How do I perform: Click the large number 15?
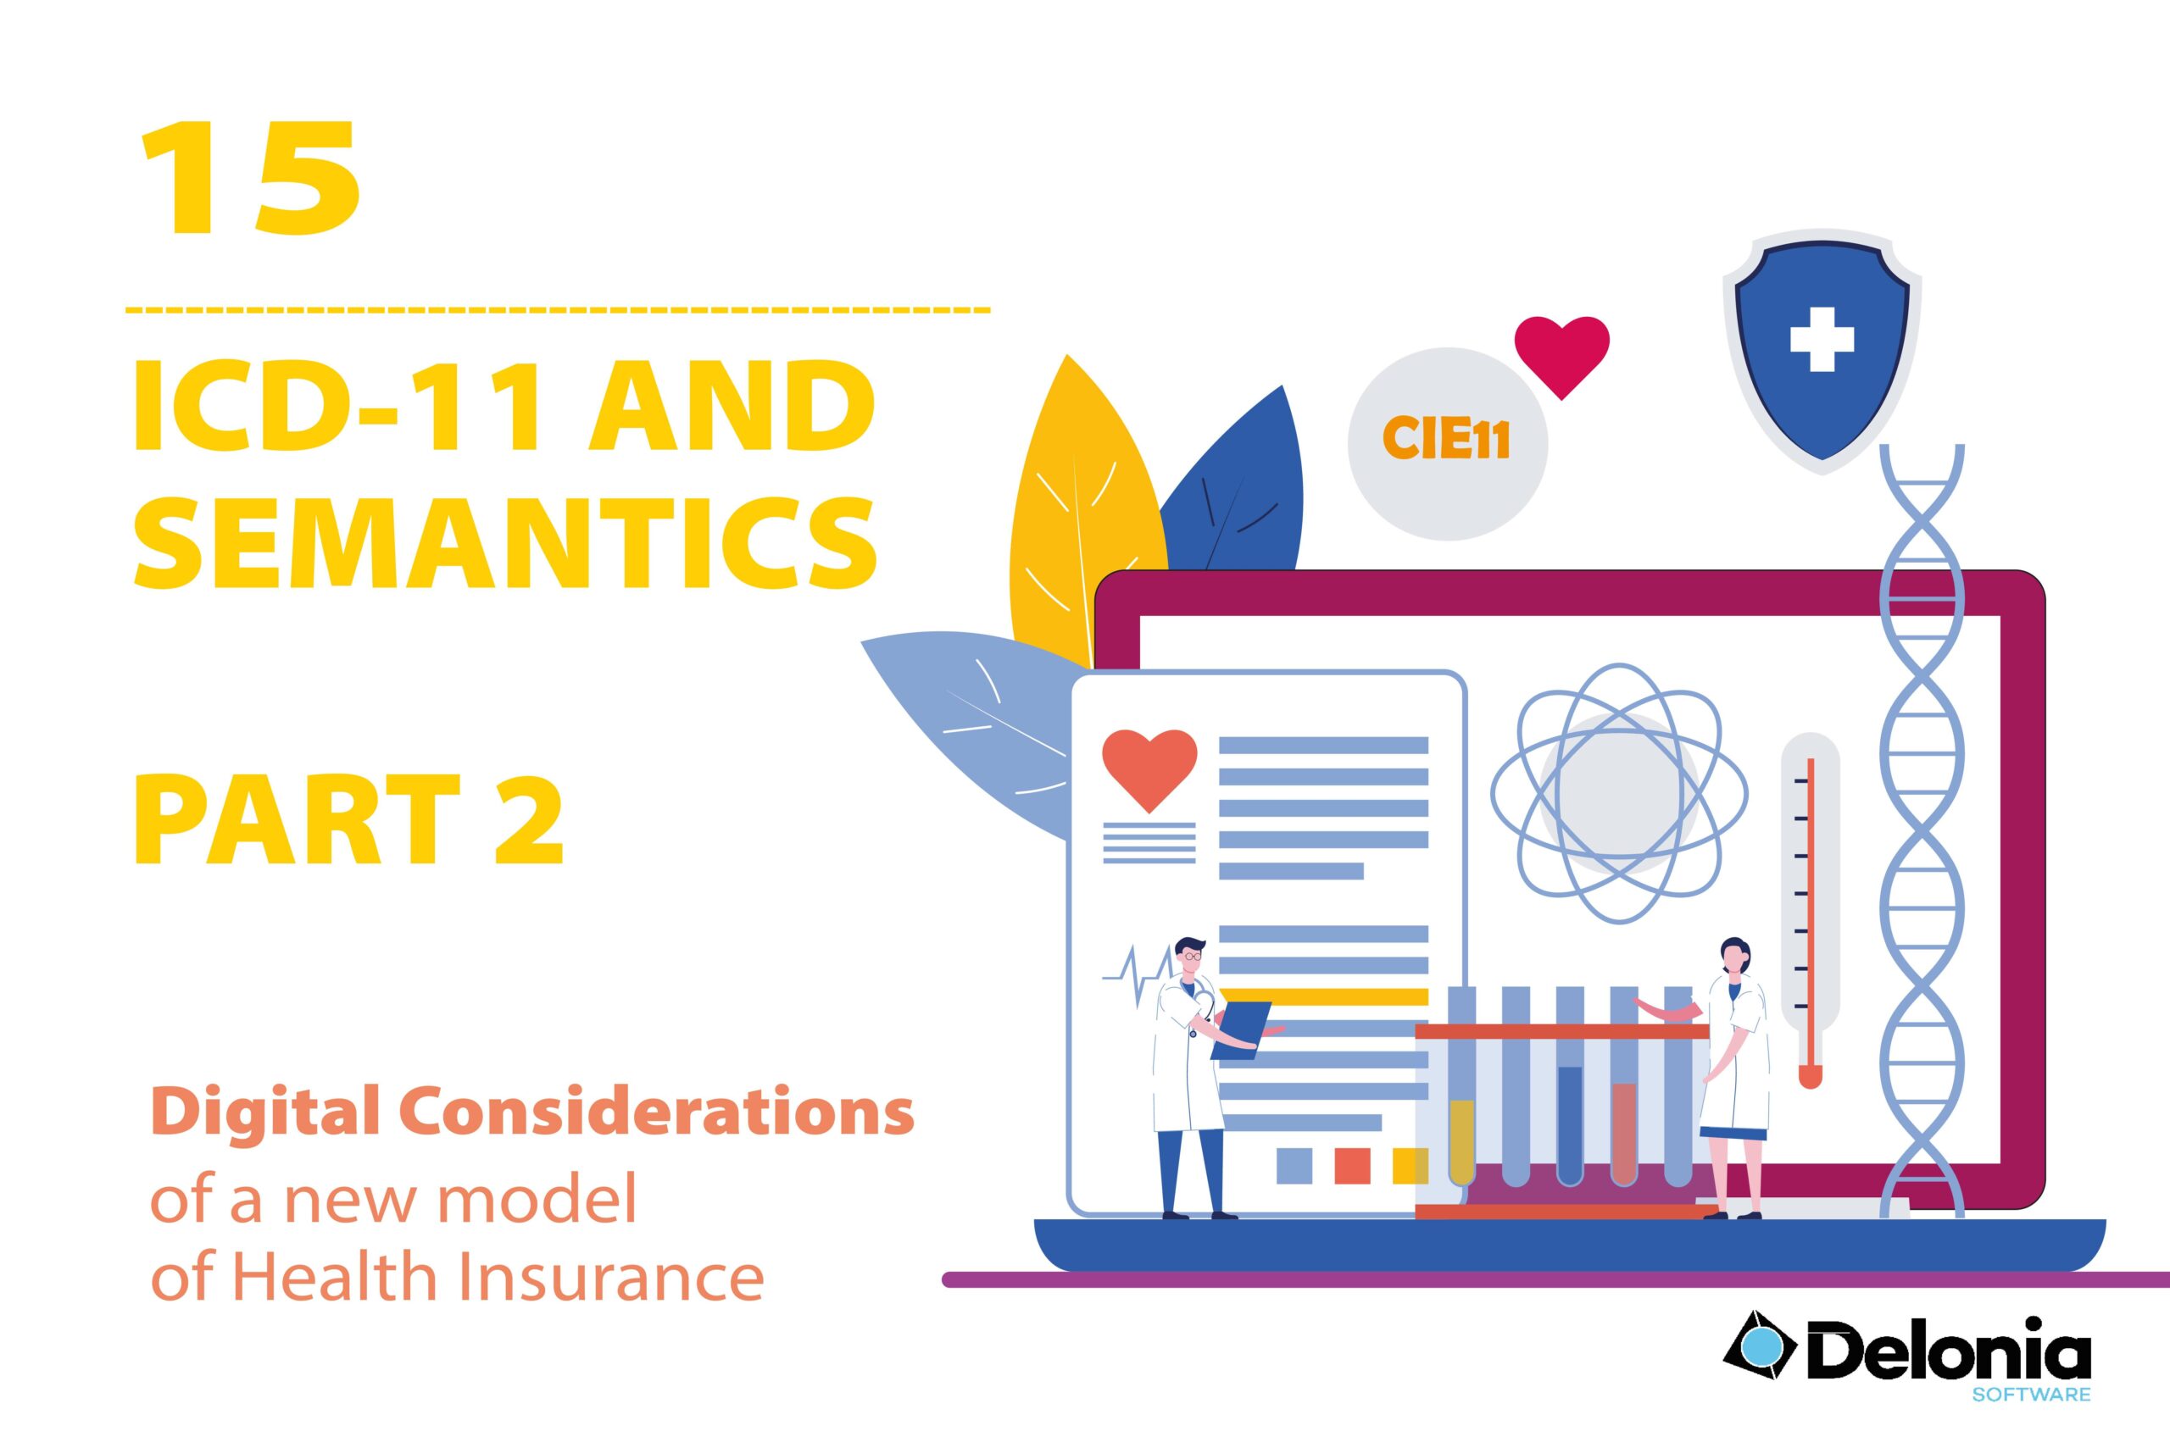pos(250,178)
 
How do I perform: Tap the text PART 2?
pos(349,821)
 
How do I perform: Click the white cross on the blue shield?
pos(1822,339)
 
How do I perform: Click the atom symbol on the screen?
pos(1619,792)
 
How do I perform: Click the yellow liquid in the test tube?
pos(1461,1142)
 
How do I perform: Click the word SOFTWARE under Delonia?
pos(2032,1394)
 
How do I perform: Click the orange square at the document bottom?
pos(1353,1165)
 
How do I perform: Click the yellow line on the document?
pos(1324,996)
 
